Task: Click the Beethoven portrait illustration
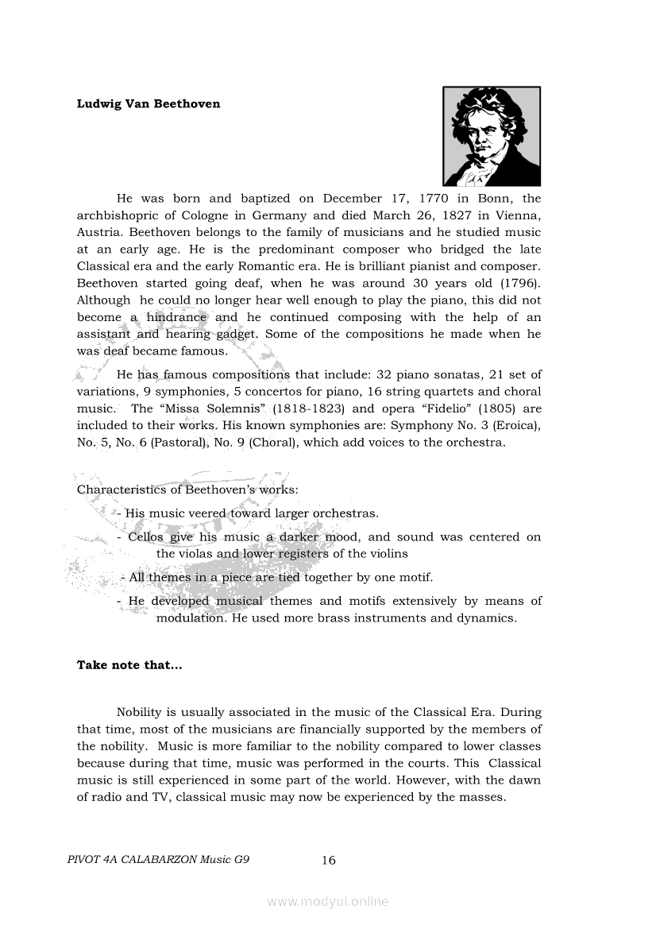[491, 136]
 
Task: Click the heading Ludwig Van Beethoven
[149, 104]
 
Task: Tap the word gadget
[232, 334]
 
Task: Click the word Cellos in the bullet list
[145, 537]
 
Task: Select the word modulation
[191, 617]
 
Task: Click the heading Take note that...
[129, 665]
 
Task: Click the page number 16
[329, 860]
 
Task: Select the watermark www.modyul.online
[328, 902]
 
